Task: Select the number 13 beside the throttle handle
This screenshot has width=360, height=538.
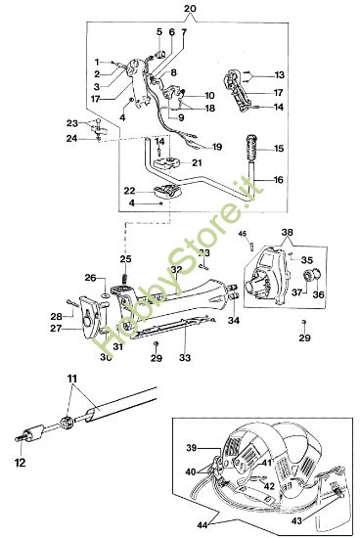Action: click(280, 74)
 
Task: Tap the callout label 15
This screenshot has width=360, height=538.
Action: click(280, 149)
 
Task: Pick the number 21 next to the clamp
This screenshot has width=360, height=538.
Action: click(197, 162)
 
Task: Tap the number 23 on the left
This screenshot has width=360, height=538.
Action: click(71, 122)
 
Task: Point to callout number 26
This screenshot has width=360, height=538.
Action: click(89, 278)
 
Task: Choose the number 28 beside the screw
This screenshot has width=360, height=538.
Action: click(56, 315)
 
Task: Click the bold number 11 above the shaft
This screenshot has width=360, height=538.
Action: click(70, 377)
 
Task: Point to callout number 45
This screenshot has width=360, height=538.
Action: click(243, 234)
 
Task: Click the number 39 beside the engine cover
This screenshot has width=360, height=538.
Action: click(192, 447)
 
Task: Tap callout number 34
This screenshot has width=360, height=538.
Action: click(234, 320)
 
